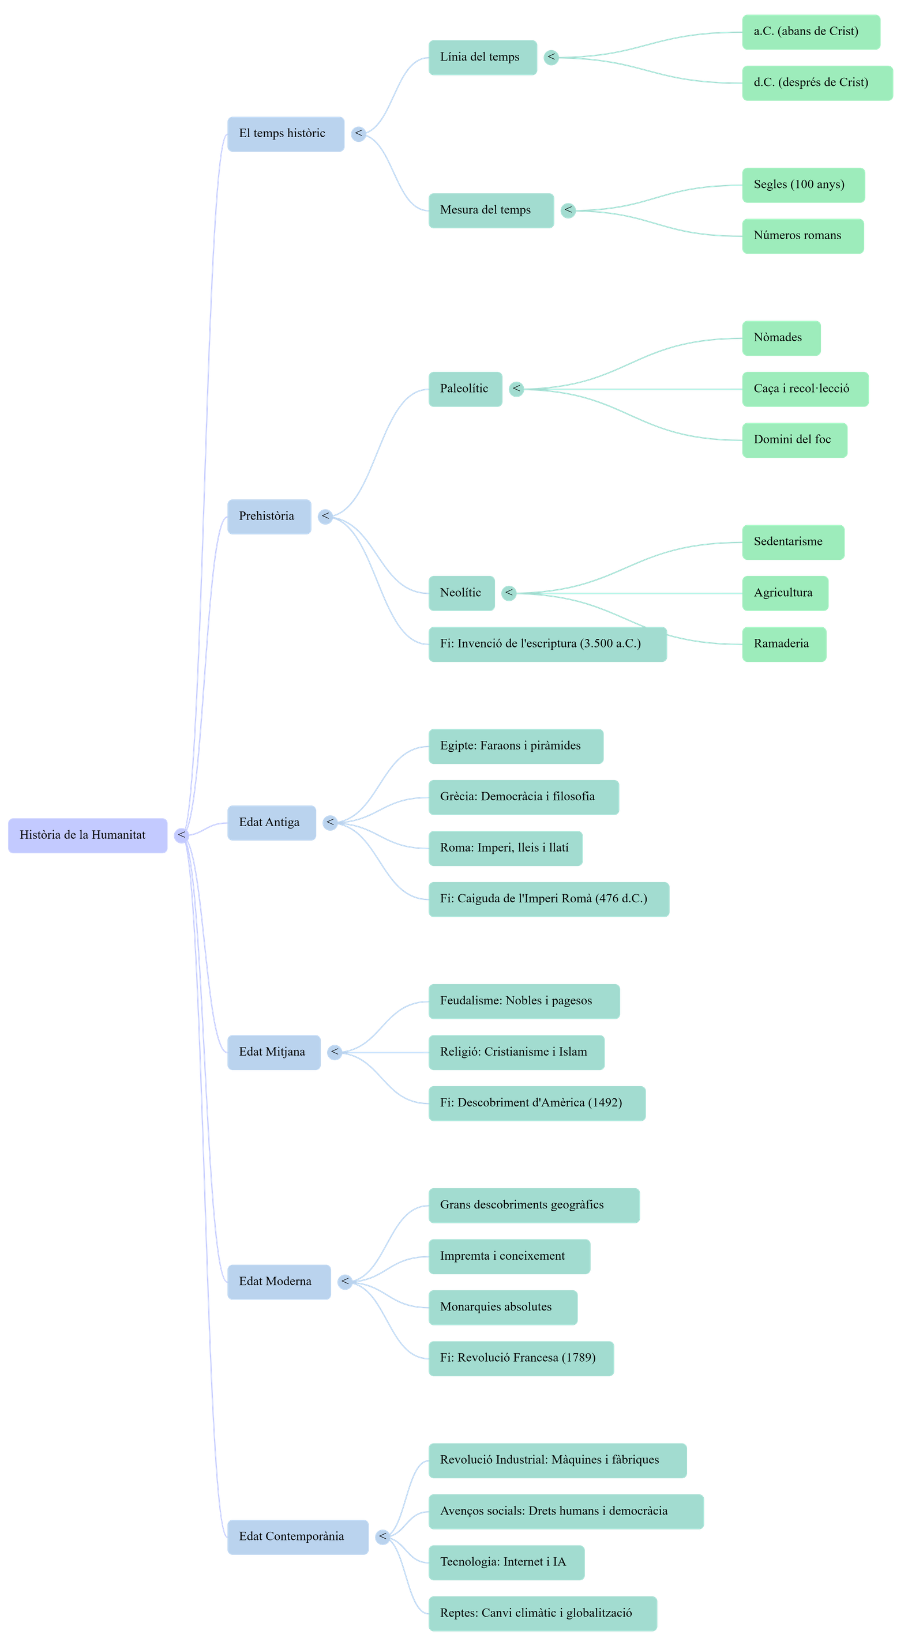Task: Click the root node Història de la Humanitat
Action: tap(88, 835)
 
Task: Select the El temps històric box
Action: tap(286, 134)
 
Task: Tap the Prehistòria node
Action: tap(269, 517)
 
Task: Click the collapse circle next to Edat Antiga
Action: tap(330, 823)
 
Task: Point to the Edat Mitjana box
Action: tap(273, 1052)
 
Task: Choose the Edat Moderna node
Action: tap(279, 1282)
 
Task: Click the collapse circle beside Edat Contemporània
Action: tap(383, 1536)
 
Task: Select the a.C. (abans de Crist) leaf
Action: tap(811, 31)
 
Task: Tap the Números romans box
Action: tap(803, 236)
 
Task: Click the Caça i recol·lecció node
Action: tap(805, 389)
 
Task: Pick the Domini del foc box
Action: tap(794, 440)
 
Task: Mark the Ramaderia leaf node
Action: tap(783, 644)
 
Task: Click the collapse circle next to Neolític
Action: tap(509, 593)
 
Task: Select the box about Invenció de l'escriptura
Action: tap(547, 644)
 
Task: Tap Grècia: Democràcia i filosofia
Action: tap(523, 797)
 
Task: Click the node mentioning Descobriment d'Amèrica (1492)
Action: tap(536, 1103)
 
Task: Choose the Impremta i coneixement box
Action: tap(509, 1256)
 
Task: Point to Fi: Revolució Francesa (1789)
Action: tap(520, 1358)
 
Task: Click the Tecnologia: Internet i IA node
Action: tap(505, 1562)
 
